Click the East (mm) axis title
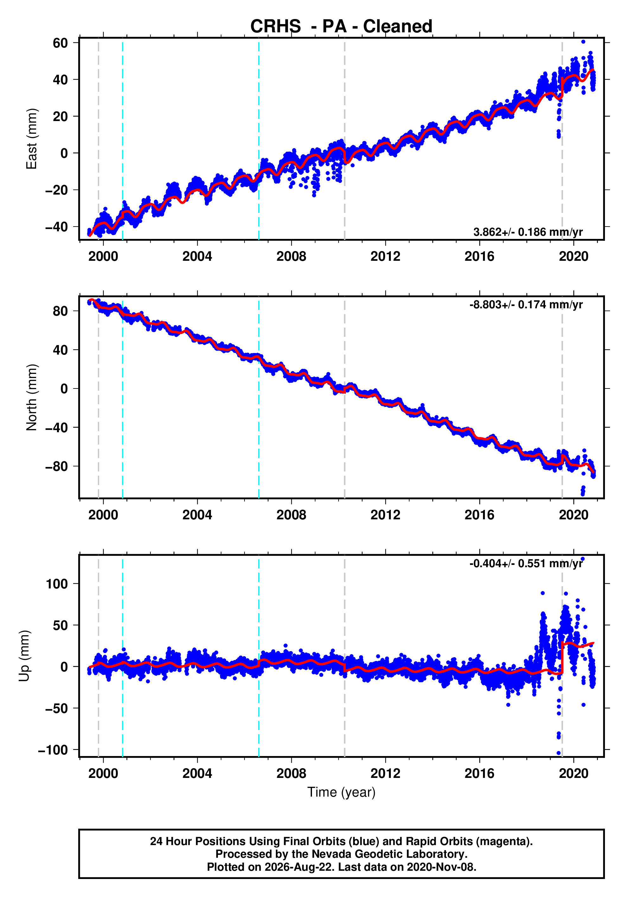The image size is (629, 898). point(31,139)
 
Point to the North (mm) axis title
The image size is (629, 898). point(31,397)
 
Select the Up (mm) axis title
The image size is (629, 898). point(24,656)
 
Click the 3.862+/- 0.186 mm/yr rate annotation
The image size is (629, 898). point(528,232)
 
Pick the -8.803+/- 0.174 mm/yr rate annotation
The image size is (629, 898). point(526,305)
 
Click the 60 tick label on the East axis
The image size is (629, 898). point(60,43)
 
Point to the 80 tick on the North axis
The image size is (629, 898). point(60,311)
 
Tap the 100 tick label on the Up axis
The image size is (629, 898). point(57,584)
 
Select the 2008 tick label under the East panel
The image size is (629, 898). point(291,257)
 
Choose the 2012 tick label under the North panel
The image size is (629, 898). point(385,515)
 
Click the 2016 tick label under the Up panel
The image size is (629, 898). point(479,773)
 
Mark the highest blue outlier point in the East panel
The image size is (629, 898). point(583,42)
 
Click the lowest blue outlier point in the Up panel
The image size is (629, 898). point(559,753)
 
